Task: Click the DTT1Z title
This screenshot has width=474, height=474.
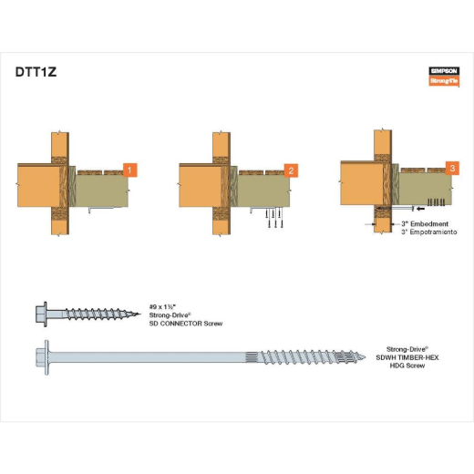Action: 36,72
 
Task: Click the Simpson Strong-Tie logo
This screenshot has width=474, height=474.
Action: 444,77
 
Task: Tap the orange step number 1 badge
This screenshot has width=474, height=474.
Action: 130,170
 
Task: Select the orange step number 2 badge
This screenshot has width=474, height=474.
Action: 291,170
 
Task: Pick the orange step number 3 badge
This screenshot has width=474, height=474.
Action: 452,168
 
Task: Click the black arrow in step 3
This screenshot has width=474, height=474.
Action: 421,209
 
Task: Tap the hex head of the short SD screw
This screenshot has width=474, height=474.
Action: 41,314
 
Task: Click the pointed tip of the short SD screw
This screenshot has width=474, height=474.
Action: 140,314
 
